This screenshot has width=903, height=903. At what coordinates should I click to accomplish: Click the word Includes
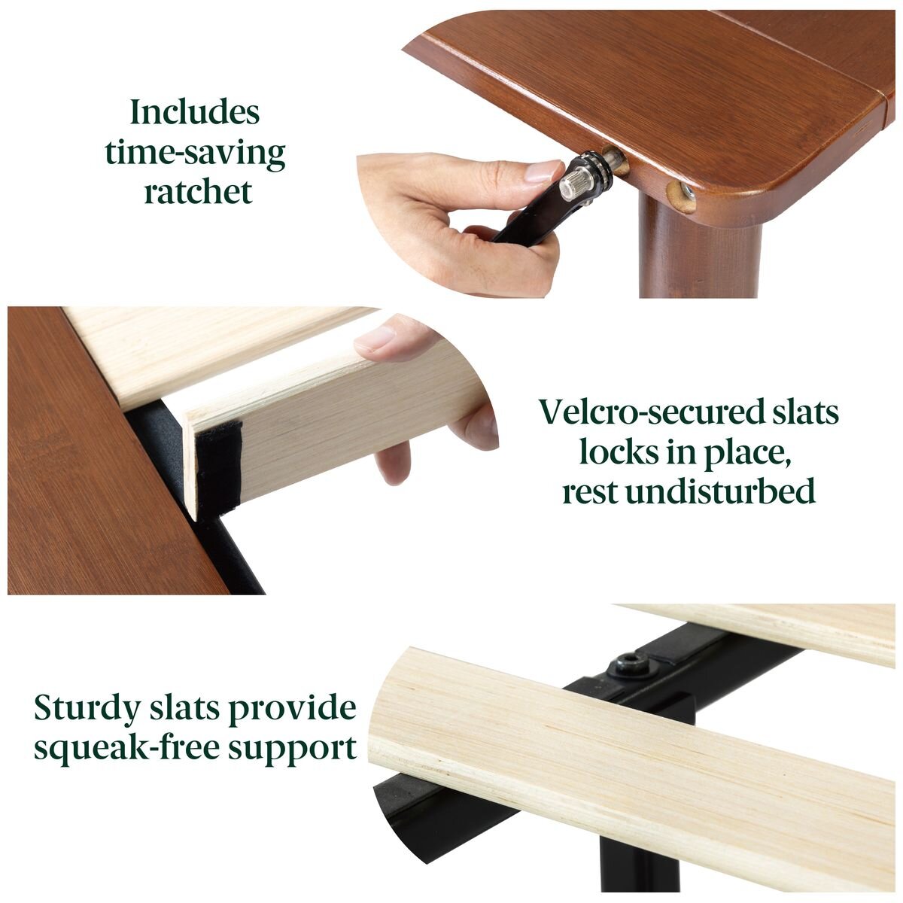click(x=194, y=112)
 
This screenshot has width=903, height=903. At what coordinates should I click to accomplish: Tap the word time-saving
click(x=195, y=152)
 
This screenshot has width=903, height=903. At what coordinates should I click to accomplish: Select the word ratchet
click(x=198, y=192)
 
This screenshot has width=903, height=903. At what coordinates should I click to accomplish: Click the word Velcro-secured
click(x=643, y=412)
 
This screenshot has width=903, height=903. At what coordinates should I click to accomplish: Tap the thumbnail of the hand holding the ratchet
click(x=543, y=172)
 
